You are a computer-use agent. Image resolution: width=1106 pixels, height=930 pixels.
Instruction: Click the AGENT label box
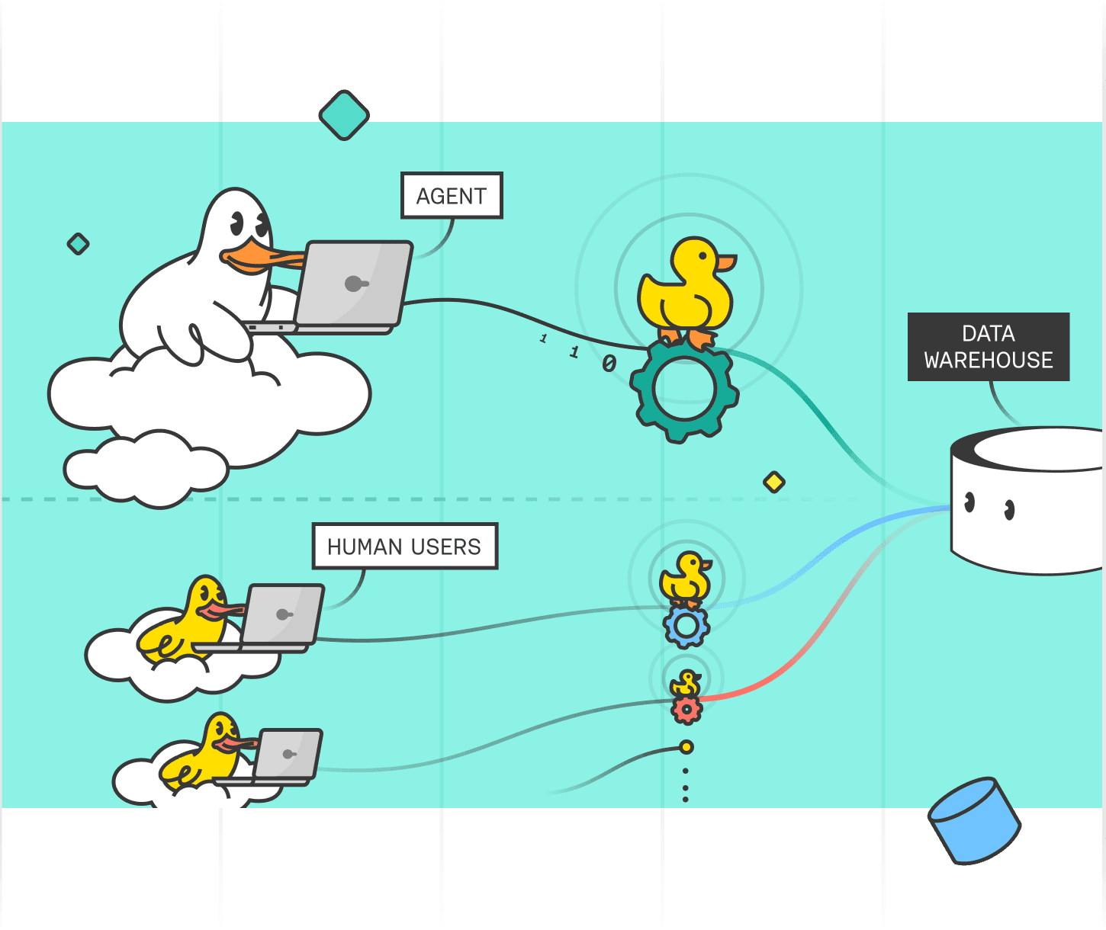click(x=452, y=196)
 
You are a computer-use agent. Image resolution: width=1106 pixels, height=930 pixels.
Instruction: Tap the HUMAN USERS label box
click(x=404, y=546)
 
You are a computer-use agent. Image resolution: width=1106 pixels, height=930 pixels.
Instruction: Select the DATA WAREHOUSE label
click(x=988, y=347)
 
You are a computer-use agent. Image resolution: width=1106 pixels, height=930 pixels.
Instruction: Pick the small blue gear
click(x=686, y=627)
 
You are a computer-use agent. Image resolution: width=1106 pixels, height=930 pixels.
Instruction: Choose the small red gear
click(x=686, y=710)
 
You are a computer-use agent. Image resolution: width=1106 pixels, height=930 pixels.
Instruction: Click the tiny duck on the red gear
click(x=686, y=683)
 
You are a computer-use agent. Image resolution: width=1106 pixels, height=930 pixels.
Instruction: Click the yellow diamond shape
click(x=774, y=482)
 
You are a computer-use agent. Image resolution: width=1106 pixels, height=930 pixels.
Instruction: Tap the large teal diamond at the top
click(x=344, y=115)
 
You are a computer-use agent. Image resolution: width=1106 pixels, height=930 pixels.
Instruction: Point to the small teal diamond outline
click(x=78, y=244)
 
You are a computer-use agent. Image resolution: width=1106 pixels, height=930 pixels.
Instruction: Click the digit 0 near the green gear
click(x=609, y=364)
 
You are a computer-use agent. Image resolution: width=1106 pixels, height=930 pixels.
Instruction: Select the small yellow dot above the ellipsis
click(x=686, y=747)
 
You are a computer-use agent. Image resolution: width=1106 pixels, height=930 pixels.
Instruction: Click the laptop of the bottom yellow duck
click(x=288, y=755)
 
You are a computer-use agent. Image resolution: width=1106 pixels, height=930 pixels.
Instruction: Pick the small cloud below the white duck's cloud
click(x=145, y=467)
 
